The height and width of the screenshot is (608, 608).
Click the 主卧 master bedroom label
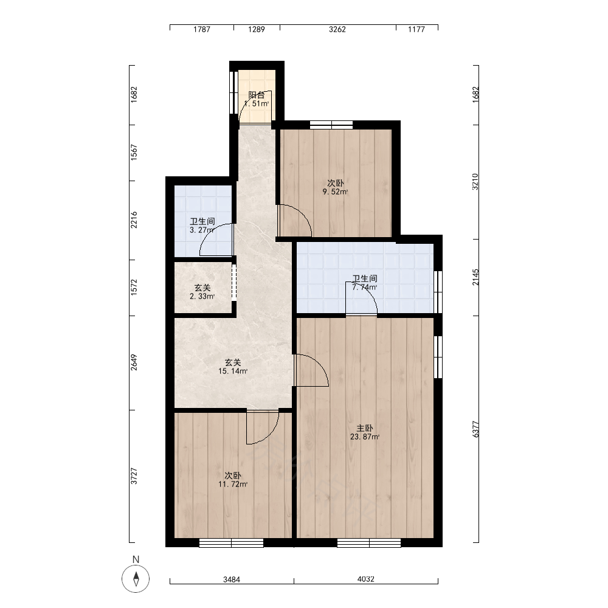[x=364, y=428]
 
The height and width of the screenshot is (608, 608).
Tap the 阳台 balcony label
[x=257, y=95]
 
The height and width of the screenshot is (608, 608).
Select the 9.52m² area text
[x=336, y=192]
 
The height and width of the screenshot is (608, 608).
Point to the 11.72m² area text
[x=233, y=485]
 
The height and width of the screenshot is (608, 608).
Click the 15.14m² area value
[x=233, y=371]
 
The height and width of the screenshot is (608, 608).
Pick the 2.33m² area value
[x=202, y=297]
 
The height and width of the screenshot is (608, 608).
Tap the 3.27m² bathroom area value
[x=202, y=230]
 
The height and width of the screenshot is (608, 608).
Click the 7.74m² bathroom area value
[x=364, y=288]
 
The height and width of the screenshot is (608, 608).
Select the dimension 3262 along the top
[x=337, y=29]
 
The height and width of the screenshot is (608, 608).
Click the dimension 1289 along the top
[x=257, y=29]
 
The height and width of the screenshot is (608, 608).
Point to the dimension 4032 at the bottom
[x=365, y=579]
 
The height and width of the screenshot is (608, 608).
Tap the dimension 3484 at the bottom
[x=232, y=579]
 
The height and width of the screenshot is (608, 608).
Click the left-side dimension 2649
[x=134, y=362]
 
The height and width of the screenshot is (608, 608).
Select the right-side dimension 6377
[x=476, y=429]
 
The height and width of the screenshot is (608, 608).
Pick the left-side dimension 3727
[x=134, y=476]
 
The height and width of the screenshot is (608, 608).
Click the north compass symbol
[x=136, y=579]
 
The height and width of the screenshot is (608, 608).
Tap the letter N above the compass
[x=136, y=559]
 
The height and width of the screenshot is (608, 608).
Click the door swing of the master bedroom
[x=312, y=370]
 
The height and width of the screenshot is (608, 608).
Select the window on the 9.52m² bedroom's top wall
[x=331, y=125]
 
